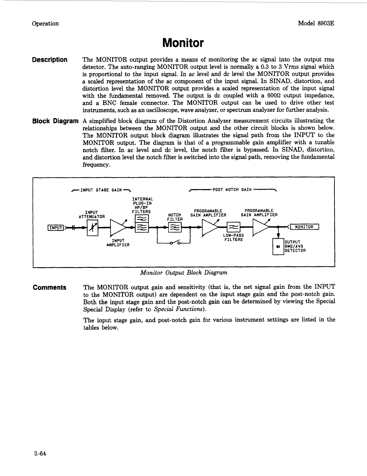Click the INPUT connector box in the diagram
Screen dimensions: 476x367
coord(56,228)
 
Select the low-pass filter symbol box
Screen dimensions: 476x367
coord(233,228)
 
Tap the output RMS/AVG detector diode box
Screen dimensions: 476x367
coord(278,247)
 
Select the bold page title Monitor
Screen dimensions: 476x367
coord(183,43)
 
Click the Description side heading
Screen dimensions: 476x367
coord(50,60)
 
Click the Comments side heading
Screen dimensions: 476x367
coord(50,288)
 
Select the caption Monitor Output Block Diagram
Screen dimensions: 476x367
coord(184,273)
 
